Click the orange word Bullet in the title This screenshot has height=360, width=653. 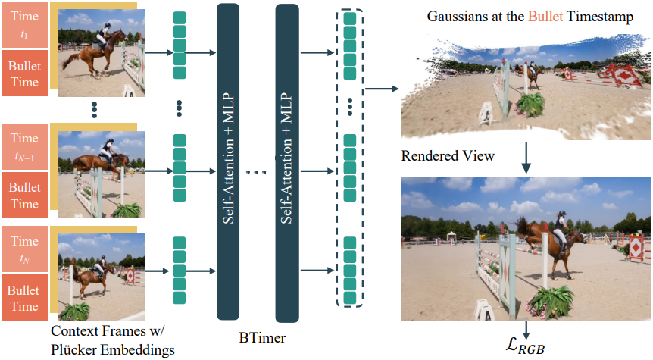pyautogui.click(x=545, y=16)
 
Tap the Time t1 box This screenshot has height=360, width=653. pyautogui.click(x=24, y=24)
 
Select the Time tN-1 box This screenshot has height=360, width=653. pyautogui.click(x=24, y=146)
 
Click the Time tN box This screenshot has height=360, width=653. pyautogui.click(x=24, y=249)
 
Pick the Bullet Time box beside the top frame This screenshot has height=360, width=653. pyautogui.click(x=24, y=74)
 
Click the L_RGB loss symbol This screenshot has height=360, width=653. pyautogui.click(x=525, y=346)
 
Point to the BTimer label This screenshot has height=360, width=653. pyautogui.click(x=262, y=337)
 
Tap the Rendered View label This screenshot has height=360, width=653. pyautogui.click(x=448, y=156)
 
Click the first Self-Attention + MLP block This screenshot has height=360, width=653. pyautogui.click(x=228, y=161)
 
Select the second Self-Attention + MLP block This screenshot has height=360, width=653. pyautogui.click(x=287, y=163)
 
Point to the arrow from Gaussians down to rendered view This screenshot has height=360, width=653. pyautogui.click(x=526, y=158)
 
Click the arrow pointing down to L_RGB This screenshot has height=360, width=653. pyautogui.click(x=526, y=330)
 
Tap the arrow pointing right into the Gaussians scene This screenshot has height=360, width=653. pyautogui.click(x=382, y=89)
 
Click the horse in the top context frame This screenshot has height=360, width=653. pyautogui.click(x=95, y=53)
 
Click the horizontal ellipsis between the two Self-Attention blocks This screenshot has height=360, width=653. pyautogui.click(x=256, y=171)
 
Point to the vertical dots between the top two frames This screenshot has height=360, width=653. pyautogui.click(x=94, y=110)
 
